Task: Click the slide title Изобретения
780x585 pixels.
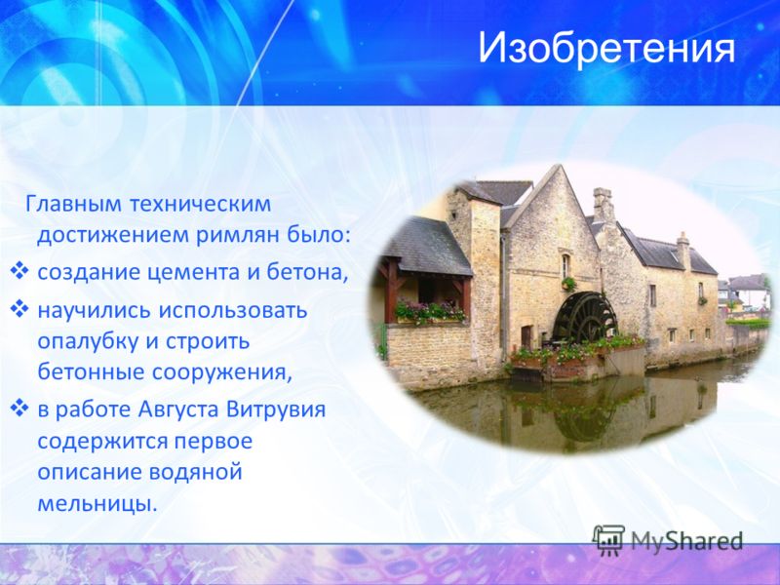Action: click(x=606, y=48)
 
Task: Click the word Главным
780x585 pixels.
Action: click(x=72, y=204)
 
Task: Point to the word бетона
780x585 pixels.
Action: click(x=307, y=272)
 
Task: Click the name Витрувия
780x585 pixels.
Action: click(x=276, y=409)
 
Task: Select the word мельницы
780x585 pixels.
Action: click(x=97, y=503)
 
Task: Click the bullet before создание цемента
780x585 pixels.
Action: click(x=19, y=272)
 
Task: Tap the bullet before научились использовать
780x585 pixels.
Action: click(x=19, y=309)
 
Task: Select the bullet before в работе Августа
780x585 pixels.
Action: click(x=19, y=409)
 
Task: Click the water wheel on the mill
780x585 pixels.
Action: click(x=585, y=318)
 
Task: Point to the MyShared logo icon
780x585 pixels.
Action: click(x=608, y=540)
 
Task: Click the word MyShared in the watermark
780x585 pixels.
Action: click(x=687, y=540)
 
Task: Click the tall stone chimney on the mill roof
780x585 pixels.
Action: click(x=604, y=206)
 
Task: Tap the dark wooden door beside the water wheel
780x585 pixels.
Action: click(x=526, y=337)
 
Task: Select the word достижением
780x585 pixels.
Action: click(x=112, y=235)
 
